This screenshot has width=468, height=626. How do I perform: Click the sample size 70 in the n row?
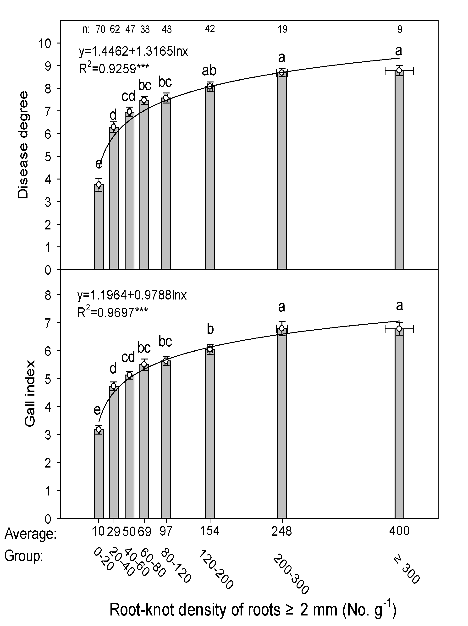(x=100, y=29)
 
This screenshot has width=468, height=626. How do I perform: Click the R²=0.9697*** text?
(x=112, y=312)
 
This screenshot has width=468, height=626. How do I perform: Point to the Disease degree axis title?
(x=23, y=145)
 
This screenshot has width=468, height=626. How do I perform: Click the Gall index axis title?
(x=30, y=393)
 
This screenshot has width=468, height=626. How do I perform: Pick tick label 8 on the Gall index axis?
(x=48, y=295)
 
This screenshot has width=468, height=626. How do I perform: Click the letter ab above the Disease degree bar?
(x=209, y=71)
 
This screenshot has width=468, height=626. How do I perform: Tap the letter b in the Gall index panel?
(x=210, y=329)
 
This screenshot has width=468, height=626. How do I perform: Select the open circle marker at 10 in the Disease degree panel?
(x=99, y=185)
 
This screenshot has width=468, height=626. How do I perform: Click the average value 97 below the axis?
(x=166, y=531)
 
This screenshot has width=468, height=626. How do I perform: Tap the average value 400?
(x=399, y=531)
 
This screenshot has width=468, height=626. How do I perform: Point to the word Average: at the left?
(x=31, y=534)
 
